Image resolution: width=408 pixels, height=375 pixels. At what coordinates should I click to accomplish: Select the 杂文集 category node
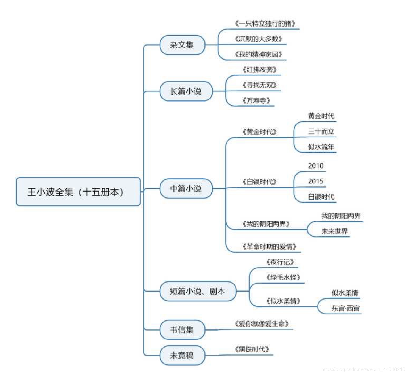182,45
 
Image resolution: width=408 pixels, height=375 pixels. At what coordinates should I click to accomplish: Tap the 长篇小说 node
186,91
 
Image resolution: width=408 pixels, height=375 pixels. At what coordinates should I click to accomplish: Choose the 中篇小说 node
186,188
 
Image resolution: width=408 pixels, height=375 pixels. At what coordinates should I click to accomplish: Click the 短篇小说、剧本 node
198,291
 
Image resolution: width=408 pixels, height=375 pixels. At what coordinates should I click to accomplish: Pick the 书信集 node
182,330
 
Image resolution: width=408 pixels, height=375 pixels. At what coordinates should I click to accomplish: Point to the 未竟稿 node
182,356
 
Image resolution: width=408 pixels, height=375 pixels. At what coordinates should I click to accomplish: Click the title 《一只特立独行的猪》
265,23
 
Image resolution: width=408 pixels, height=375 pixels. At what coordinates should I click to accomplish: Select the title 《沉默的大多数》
259,39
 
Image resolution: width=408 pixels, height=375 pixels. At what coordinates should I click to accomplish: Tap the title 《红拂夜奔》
260,70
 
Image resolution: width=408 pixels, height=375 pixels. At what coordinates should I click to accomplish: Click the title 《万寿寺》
256,101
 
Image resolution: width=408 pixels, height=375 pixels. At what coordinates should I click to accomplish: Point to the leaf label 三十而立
321,132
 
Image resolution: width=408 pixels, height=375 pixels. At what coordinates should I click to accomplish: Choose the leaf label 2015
316,181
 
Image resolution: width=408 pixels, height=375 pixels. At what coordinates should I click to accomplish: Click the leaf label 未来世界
335,231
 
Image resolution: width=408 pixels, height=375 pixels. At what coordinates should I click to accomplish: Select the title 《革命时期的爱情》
269,247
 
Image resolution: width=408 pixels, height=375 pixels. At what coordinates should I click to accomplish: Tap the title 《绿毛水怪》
283,277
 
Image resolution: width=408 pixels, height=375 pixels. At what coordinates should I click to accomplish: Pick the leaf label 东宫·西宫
345,308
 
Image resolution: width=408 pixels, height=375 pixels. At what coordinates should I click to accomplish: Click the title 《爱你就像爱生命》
262,324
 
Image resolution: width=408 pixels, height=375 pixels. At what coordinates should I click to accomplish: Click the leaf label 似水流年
321,147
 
